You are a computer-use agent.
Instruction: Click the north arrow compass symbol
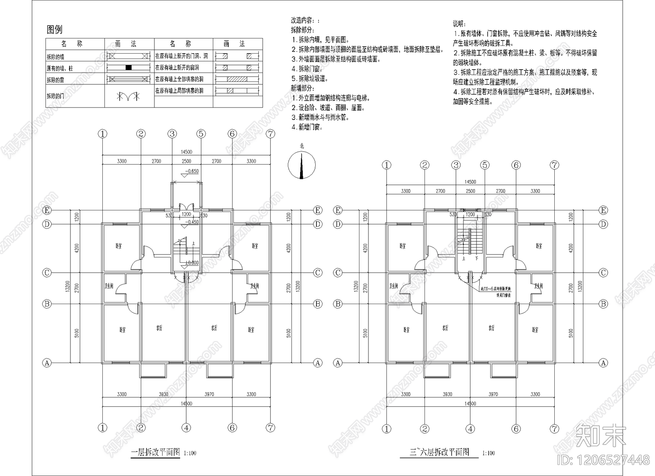302,165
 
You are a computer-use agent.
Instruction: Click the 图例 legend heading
54,29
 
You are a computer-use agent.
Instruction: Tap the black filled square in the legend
129,68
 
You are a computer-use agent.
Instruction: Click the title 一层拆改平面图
155,453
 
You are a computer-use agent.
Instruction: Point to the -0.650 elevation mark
192,171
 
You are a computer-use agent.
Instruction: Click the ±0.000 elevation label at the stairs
192,263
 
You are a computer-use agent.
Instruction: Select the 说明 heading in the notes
459,24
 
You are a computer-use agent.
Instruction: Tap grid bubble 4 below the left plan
186,428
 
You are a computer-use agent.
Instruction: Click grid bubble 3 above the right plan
456,165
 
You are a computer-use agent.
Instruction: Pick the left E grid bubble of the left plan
47,210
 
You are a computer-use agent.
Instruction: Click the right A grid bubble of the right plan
603,363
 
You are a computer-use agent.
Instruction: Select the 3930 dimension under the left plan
163,394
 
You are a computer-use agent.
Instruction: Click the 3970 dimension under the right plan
493,394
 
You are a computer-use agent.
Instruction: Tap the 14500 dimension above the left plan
186,152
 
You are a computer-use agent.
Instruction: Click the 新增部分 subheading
302,88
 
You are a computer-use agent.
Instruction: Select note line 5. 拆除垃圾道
310,78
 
